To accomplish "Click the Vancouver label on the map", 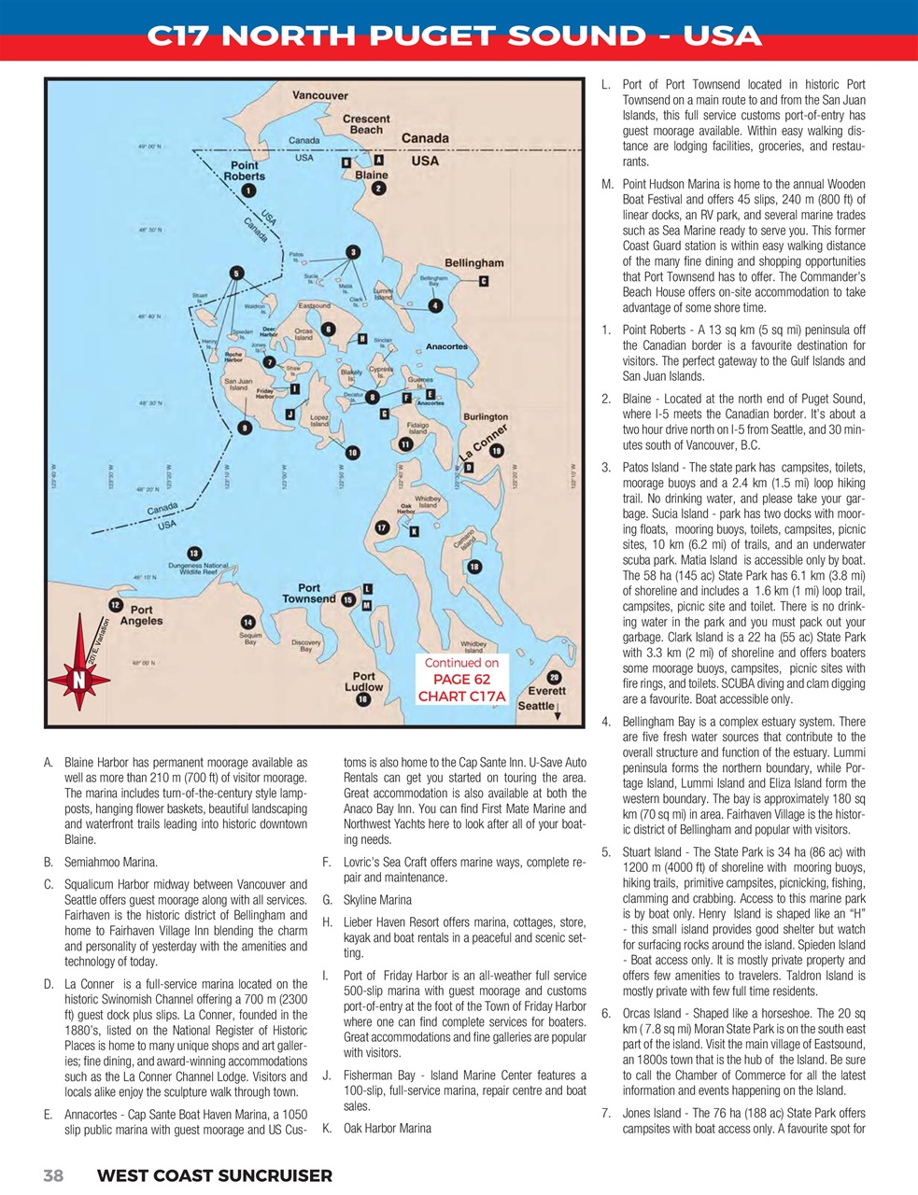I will [320, 95].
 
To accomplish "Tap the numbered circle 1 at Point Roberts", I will [247, 190].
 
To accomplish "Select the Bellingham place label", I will [473, 263].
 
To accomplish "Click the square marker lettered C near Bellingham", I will [483, 281].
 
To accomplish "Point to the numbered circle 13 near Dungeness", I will [193, 554].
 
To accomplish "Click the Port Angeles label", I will [141, 615].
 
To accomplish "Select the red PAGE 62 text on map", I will [461, 680].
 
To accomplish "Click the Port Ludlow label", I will [363, 682].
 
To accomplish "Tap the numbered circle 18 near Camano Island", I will [474, 567].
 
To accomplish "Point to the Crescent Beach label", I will [367, 124].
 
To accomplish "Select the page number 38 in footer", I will [53, 1175].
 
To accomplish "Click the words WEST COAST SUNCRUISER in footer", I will [214, 1175].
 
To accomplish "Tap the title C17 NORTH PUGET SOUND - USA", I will [455, 36].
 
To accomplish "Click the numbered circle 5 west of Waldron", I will [237, 273].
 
